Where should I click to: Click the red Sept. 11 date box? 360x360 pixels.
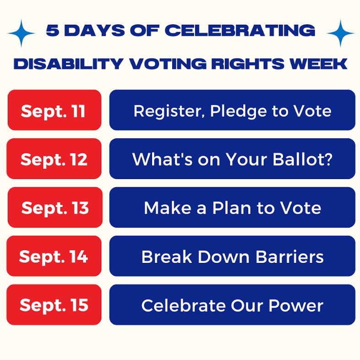(54, 110)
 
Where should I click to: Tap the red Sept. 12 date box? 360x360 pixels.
(54, 159)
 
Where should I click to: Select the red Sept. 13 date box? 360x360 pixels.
(55, 207)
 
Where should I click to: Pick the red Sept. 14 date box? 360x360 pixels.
(54, 256)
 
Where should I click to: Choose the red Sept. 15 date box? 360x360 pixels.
(54, 305)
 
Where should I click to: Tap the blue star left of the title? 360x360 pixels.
(22, 33)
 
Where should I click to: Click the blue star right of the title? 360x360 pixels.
(341, 33)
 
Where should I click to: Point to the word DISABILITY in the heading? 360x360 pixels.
(62, 64)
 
